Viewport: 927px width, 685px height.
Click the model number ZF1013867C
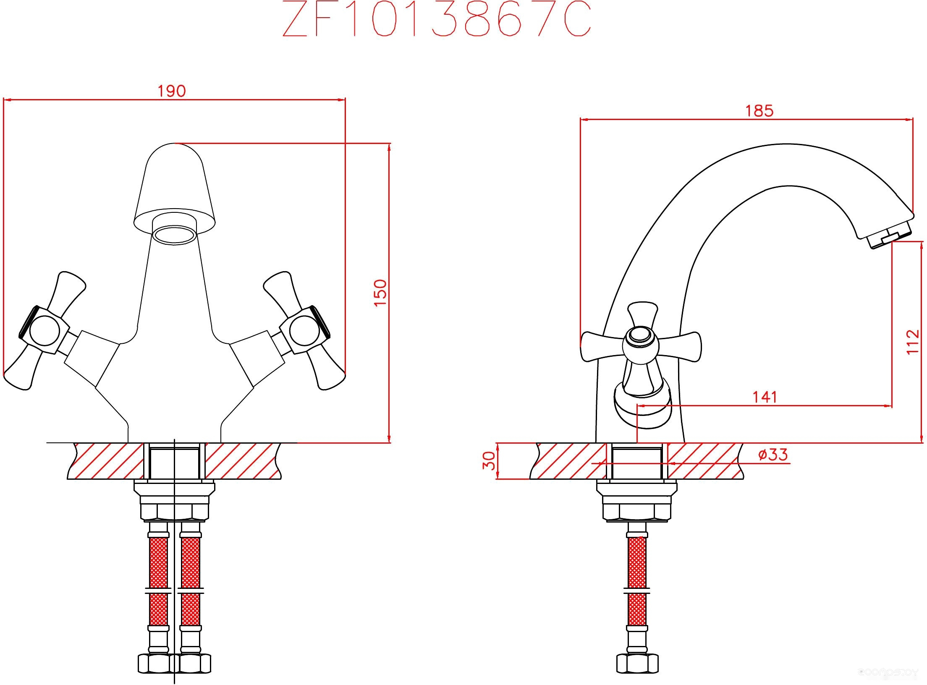click(437, 18)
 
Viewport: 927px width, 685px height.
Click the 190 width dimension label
click(172, 91)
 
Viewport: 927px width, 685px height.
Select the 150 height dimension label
click(380, 293)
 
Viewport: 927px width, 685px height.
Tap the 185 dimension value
click(759, 111)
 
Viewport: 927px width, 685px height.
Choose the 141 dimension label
click(765, 397)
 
